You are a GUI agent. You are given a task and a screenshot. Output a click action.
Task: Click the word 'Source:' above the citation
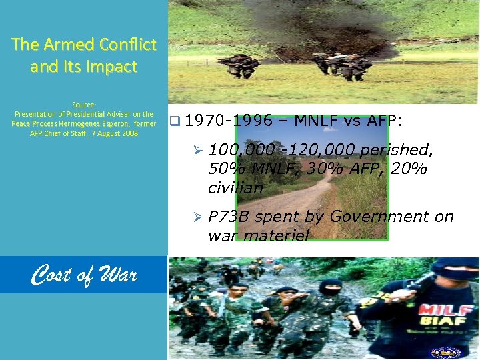(x=84, y=105)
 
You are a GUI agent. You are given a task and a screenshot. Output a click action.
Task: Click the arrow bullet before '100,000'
(x=197, y=150)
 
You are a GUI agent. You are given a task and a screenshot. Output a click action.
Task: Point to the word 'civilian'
(x=235, y=188)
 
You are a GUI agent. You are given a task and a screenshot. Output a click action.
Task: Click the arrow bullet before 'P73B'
(x=197, y=217)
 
